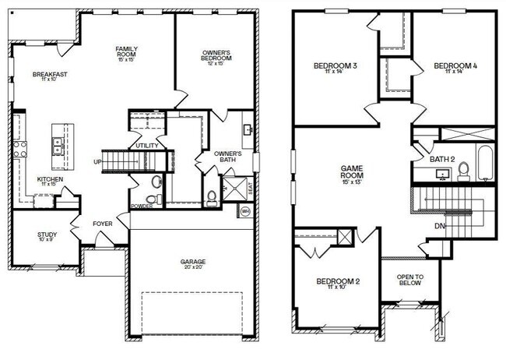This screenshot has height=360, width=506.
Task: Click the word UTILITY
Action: [x=146, y=146]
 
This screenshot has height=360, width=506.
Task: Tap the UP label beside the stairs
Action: [x=97, y=161]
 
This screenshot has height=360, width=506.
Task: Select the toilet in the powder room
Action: [x=156, y=182]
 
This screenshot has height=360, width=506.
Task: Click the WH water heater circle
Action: [x=245, y=210]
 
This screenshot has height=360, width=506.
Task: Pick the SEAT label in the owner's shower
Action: [x=250, y=189]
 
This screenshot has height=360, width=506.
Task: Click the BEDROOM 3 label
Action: [x=336, y=68]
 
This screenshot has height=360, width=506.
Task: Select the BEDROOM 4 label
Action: [x=455, y=68]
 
